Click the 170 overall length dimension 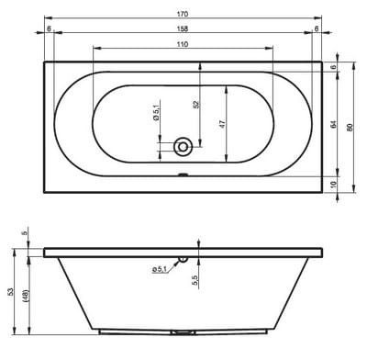(183, 14)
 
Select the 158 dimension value (183, 28)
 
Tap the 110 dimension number (183, 44)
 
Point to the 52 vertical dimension (196, 105)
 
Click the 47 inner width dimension (222, 124)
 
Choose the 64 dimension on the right (334, 124)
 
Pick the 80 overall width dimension (350, 128)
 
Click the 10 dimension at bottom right (334, 185)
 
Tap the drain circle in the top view (183, 147)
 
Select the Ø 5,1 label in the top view (156, 112)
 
